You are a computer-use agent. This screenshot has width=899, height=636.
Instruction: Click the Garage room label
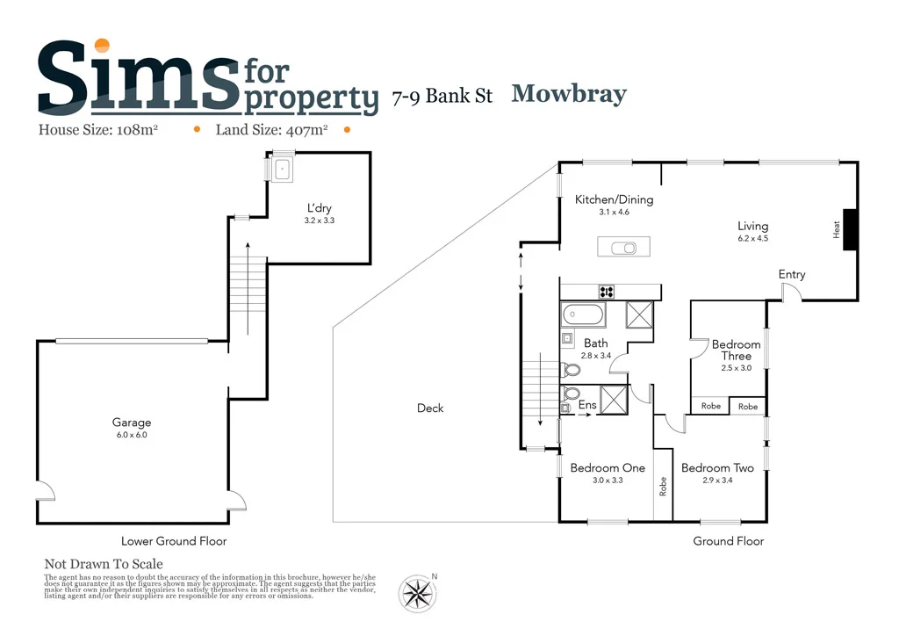pos(132,423)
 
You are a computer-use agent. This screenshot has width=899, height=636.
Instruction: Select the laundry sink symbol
pos(282,170)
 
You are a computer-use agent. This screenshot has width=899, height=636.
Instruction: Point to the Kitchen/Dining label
pos(614,199)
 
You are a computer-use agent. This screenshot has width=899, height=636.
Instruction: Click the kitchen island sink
pos(629,247)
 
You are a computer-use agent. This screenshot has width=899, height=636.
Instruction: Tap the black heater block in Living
pos(850,229)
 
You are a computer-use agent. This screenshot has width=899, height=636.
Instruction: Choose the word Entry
pos(792,275)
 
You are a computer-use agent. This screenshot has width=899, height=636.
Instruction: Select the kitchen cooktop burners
pos(606,292)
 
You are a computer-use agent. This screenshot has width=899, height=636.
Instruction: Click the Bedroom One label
pos(608,468)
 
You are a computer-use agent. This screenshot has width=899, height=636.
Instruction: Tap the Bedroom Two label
pos(717,468)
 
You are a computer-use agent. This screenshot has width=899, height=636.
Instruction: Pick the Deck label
pos(430,408)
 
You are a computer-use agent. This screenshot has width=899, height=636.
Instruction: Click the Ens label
pos(588,405)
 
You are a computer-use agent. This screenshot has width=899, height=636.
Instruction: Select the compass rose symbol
pos(418,593)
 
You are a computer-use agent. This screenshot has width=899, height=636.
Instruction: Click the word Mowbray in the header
pos(569,94)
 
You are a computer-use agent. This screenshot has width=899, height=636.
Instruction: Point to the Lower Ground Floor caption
pos(174,541)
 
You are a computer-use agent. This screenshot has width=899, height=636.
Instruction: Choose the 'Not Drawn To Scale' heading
pos(104,564)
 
